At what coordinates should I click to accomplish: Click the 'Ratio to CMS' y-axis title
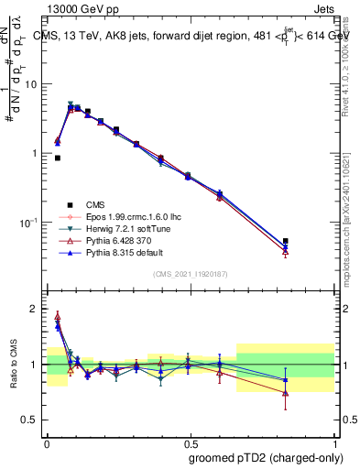pos(13,365)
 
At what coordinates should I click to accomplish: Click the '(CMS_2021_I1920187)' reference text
pos(190,275)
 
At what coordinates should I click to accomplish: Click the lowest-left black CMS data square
pos(58,158)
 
